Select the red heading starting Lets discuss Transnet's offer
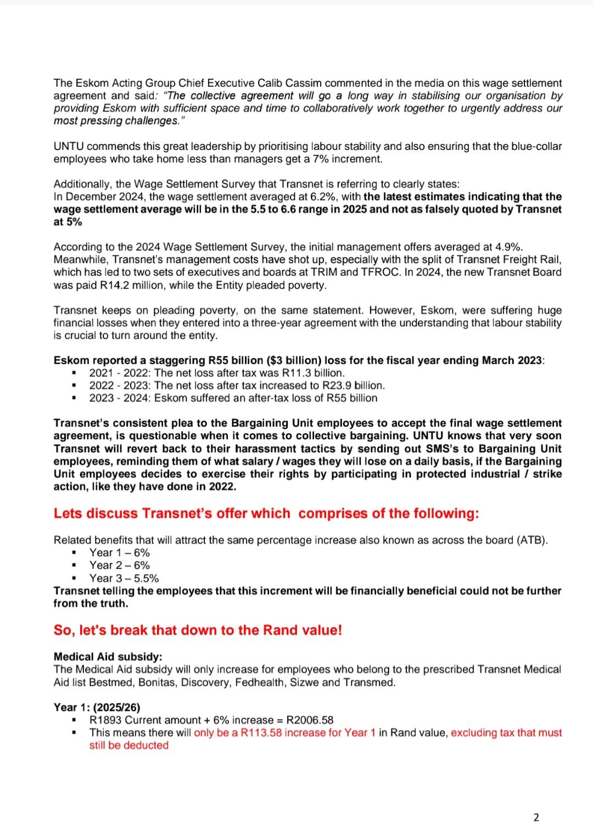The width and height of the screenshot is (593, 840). pos(266,514)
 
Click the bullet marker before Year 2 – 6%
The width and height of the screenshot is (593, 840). pos(74,566)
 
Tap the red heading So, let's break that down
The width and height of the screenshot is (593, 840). pos(198,630)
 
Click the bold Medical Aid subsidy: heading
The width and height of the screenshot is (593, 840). pos(108,657)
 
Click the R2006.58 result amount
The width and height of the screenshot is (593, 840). pos(310,720)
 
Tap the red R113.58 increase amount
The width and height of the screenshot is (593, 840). pos(261,733)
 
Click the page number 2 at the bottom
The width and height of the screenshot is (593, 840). pos(536,817)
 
